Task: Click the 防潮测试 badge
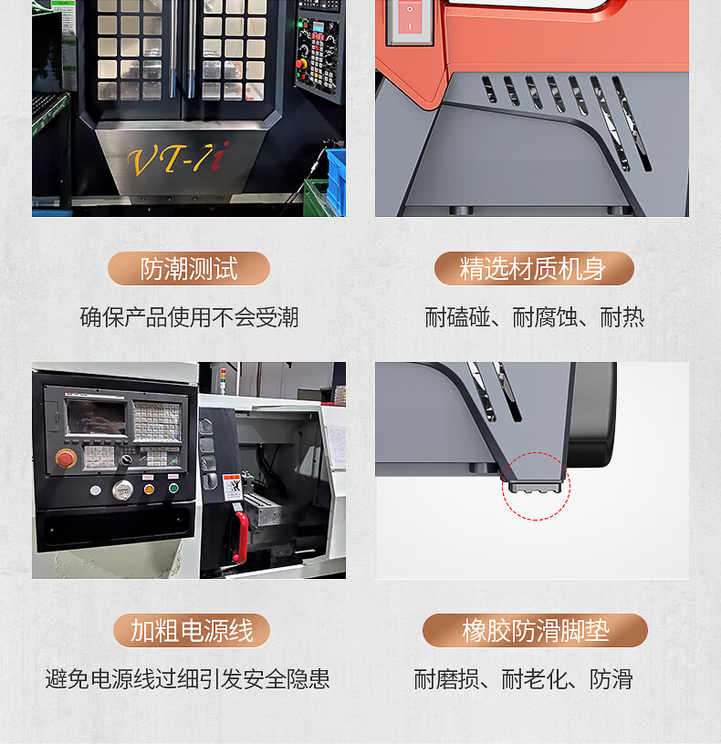pos(189,269)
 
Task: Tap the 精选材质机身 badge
pos(534,269)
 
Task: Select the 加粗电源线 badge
pos(192,631)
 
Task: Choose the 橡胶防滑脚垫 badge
pos(536,631)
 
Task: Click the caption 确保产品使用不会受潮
pos(189,317)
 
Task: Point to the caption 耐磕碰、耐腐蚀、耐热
pos(534,317)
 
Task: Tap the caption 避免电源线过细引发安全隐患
pos(188,679)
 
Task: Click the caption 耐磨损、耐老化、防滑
pos(524,679)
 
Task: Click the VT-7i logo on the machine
pos(178,159)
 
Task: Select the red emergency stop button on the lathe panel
pos(66,459)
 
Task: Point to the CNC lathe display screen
pos(96,417)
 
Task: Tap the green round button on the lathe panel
pos(173,488)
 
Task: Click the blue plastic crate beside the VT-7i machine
pos(336,180)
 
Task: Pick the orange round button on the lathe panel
pos(149,490)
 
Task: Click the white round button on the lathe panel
pos(96,491)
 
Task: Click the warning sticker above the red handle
pos(232,487)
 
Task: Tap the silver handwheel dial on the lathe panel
pos(122,490)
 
